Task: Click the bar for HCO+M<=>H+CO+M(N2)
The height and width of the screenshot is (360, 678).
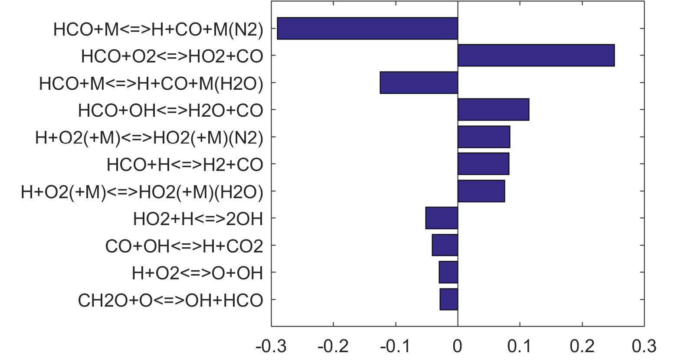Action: (367, 29)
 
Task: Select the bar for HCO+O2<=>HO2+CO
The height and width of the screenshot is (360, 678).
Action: (536, 56)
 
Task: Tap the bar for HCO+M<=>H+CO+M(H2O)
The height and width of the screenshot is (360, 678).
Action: (419, 82)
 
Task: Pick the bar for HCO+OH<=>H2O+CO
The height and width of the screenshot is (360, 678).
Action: (493, 110)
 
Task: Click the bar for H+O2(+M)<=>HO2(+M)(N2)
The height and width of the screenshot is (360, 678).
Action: (484, 137)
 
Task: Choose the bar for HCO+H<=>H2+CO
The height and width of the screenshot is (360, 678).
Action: (483, 164)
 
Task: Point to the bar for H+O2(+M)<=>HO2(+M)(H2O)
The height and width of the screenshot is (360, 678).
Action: (481, 191)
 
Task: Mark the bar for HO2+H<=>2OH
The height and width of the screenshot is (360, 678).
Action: (442, 218)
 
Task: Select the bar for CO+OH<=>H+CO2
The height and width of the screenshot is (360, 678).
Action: (445, 245)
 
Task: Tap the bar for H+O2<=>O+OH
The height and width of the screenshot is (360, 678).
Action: (448, 272)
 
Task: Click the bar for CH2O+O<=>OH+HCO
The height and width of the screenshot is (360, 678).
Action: (449, 299)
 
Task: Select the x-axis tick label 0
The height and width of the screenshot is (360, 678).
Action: (458, 347)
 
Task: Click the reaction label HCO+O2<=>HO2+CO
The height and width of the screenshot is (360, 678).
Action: (172, 56)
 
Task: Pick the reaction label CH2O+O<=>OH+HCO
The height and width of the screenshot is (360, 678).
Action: (170, 300)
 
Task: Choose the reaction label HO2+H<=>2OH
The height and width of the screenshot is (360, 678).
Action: (198, 219)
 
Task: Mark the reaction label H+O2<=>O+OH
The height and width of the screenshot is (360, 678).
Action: (197, 273)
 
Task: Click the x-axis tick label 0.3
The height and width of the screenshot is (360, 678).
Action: (644, 347)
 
